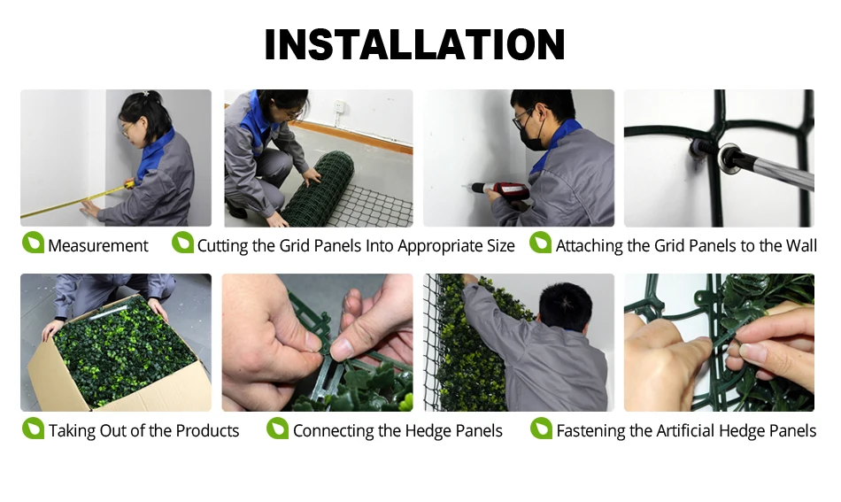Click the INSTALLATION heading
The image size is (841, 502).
[414, 44]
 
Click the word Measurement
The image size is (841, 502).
[97, 245]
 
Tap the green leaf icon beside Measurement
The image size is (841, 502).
[33, 243]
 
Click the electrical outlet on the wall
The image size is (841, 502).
[339, 108]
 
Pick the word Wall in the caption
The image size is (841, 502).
[801, 245]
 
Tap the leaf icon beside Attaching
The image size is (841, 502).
[540, 243]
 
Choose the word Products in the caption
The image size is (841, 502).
[207, 430]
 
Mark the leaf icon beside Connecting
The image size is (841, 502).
[277, 428]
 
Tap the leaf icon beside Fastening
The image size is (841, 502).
[541, 428]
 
